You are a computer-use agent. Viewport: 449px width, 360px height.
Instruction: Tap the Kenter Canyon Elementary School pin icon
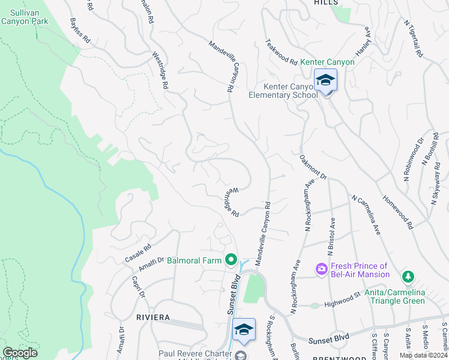click(325, 81)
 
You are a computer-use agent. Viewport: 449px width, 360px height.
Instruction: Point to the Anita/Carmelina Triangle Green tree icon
click(408, 277)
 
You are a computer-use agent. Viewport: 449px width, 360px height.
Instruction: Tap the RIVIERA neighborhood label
click(152, 317)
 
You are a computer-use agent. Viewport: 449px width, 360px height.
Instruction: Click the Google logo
click(20, 353)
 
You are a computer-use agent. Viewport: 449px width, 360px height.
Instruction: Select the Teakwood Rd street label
click(282, 53)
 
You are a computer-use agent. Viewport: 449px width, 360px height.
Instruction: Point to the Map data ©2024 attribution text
click(423, 355)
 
